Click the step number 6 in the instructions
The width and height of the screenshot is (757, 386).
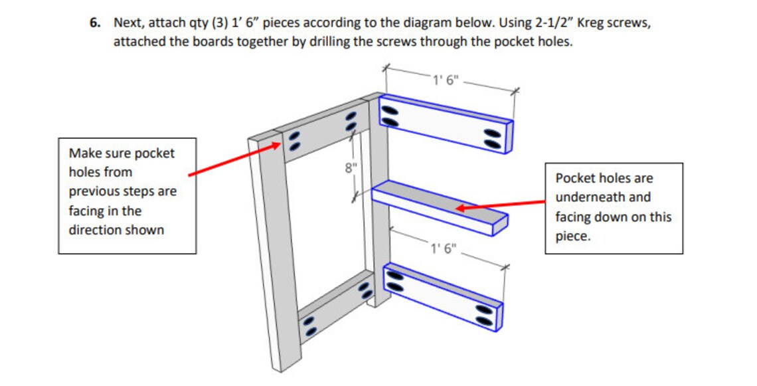tap(94, 23)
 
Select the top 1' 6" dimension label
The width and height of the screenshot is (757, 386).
tap(446, 80)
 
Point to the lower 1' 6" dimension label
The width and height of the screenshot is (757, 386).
tap(444, 249)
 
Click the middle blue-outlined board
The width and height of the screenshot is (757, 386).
tap(438, 206)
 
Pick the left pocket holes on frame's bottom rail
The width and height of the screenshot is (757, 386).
tap(309, 326)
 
